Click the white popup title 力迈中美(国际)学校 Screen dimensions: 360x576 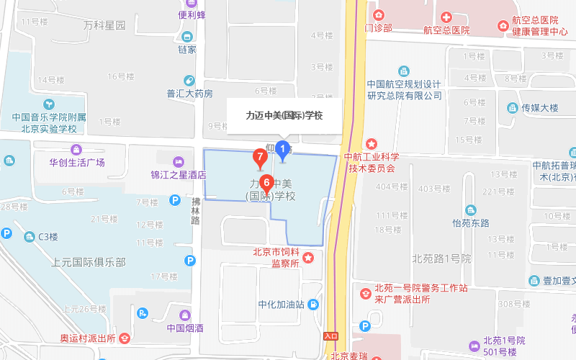click(284, 115)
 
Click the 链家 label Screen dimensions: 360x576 click(187, 49)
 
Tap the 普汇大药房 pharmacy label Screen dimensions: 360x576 click(190, 93)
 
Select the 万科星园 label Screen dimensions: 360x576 click(104, 25)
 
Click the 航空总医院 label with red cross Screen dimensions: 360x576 click(446, 30)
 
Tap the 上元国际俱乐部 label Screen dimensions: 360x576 click(89, 262)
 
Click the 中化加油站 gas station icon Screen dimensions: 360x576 click(314, 304)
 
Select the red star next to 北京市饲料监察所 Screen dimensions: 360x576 click(308, 258)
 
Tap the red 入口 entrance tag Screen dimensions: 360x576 click(331, 336)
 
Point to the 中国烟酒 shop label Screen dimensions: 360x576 click(185, 328)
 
